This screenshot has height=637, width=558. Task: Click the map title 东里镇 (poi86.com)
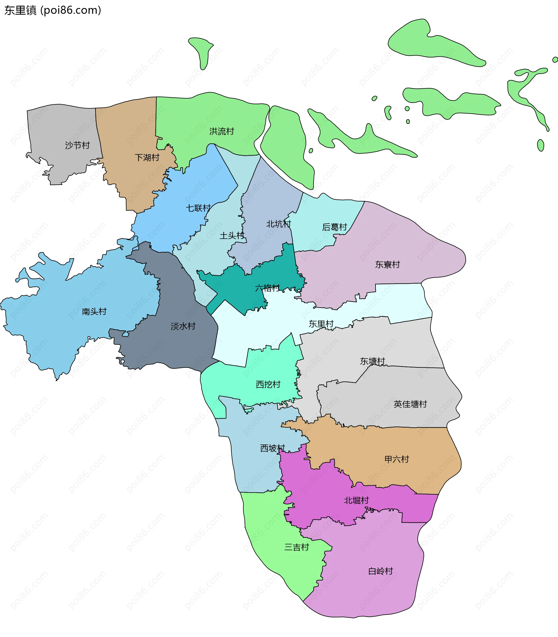tap(53, 10)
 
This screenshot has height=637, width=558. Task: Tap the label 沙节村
tap(77, 145)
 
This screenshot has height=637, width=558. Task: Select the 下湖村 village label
tap(147, 158)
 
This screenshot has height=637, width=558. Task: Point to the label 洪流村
tap(222, 131)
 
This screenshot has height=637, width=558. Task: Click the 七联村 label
tap(198, 208)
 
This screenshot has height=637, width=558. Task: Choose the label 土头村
tap(232, 236)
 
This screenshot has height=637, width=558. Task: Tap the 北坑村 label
tap(278, 224)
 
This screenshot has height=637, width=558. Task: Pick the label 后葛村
tap(335, 227)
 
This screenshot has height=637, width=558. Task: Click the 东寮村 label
tap(387, 265)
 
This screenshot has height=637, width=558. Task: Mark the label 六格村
tap(267, 288)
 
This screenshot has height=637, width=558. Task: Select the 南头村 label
tap(94, 311)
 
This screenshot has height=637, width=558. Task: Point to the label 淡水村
tap(183, 326)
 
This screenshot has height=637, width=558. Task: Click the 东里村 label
tap(321, 324)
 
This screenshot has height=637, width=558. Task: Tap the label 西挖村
tap(268, 384)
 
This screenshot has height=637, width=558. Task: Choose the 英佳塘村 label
tap(410, 404)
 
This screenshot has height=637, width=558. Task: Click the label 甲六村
tap(397, 459)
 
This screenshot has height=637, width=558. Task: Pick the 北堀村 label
tap(356, 500)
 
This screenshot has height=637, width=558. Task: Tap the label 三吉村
tap(296, 547)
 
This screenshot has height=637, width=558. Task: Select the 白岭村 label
tap(380, 571)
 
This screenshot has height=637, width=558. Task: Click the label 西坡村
tap(273, 448)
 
